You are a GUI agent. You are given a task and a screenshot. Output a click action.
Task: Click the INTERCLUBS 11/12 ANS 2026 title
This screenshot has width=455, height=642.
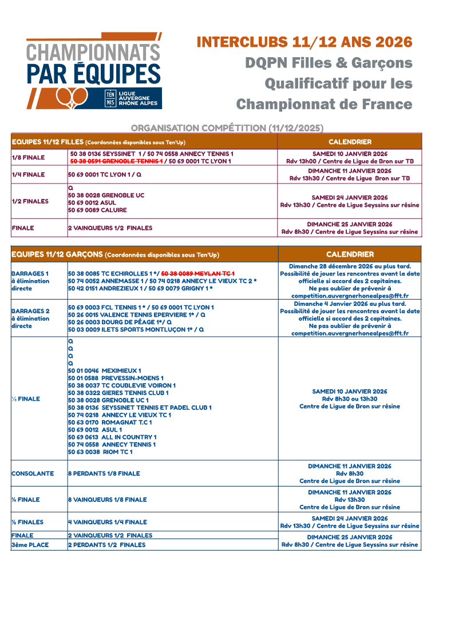click(x=304, y=42)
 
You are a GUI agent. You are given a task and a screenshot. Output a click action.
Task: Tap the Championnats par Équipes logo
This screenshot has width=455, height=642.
click(x=94, y=71)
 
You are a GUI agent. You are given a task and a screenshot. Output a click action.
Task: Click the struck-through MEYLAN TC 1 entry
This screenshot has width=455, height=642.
click(x=198, y=274)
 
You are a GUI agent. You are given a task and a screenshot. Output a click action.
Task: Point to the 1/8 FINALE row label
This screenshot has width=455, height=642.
click(x=28, y=158)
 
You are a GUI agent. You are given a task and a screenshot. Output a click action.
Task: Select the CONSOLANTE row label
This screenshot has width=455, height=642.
click(x=33, y=473)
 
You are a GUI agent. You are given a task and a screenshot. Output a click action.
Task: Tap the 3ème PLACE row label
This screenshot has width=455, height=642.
click(x=30, y=545)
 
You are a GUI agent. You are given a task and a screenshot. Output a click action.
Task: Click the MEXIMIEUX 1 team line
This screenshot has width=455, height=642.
click(x=104, y=370)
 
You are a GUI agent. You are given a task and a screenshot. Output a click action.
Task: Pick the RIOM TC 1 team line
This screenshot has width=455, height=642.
click(x=100, y=452)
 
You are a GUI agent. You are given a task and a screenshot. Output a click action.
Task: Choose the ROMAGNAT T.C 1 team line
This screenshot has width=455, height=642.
click(x=110, y=422)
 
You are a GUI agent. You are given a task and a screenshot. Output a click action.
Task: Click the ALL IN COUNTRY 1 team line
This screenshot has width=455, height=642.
click(x=112, y=437)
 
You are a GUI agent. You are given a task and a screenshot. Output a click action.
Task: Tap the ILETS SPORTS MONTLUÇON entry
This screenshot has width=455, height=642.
click(x=136, y=330)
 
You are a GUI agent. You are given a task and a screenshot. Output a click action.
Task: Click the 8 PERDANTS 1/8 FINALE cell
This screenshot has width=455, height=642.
click(x=104, y=473)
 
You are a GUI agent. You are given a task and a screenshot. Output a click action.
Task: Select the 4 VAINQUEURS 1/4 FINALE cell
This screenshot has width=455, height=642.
click(x=107, y=522)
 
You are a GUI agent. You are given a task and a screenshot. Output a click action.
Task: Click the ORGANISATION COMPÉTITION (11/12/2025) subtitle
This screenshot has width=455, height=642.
click(x=227, y=127)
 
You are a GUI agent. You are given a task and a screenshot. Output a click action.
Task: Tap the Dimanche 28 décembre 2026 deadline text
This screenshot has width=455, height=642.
click(x=350, y=266)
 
